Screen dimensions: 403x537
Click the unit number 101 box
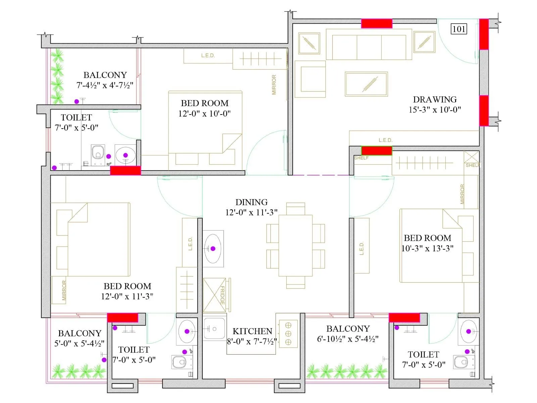(459, 29)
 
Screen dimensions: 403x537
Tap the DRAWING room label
(435, 99)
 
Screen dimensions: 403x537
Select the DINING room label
(251, 202)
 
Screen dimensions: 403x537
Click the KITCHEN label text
(252, 331)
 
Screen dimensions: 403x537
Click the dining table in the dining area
(295, 245)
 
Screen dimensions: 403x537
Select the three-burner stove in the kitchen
(288, 334)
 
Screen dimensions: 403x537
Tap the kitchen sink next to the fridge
(214, 329)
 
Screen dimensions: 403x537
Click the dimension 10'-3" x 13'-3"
(427, 249)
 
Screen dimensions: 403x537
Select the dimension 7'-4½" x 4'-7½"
(105, 85)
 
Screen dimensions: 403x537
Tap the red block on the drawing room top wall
(377, 24)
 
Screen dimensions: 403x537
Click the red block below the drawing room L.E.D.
(377, 150)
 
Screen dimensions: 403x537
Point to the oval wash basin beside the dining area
(213, 249)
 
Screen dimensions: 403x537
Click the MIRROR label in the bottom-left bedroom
(64, 290)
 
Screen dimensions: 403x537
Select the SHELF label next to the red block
(361, 158)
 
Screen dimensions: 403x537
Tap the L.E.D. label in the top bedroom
(208, 56)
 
